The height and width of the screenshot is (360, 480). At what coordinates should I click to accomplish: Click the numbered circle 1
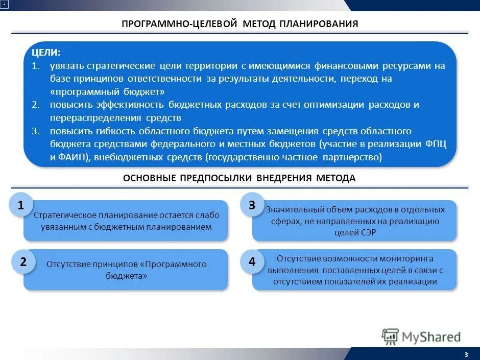(21, 206)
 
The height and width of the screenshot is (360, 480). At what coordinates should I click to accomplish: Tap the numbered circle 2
(23, 262)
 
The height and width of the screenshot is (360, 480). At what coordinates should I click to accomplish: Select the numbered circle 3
(252, 206)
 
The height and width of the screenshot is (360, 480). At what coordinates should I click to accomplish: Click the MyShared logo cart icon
(390, 337)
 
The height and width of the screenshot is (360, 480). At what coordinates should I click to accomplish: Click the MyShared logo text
(431, 337)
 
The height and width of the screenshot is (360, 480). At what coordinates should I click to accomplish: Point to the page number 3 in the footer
(466, 355)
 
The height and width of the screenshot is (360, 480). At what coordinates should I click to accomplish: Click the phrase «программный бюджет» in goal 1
(107, 92)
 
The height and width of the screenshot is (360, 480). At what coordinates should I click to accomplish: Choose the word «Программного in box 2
(176, 264)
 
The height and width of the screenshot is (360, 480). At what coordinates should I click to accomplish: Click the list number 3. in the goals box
(35, 131)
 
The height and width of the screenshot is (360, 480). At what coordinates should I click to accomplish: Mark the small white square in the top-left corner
(4, 5)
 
